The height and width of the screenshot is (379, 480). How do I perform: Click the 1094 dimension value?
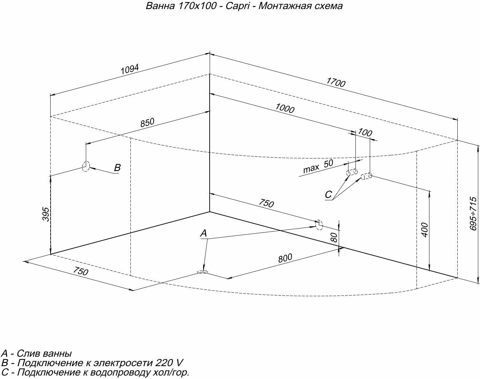130,69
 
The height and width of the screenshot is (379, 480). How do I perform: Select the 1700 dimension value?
336,82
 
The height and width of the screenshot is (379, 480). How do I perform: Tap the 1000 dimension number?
285,109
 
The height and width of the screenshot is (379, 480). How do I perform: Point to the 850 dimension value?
147,123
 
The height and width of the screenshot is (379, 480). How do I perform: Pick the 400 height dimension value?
425,230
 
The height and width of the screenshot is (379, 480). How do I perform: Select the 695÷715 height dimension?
473,213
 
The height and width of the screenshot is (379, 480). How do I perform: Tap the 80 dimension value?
334,238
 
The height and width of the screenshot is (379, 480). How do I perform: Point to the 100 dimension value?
365,132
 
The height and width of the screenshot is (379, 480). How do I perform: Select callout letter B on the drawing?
118,168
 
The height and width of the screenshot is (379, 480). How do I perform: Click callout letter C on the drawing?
328,194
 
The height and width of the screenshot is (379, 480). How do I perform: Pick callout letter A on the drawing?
204,233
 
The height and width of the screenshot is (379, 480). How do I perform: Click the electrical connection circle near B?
86,167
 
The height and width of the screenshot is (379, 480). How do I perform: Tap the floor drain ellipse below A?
202,272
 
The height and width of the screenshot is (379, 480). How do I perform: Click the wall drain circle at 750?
319,225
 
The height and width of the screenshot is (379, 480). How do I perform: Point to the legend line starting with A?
37,354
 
